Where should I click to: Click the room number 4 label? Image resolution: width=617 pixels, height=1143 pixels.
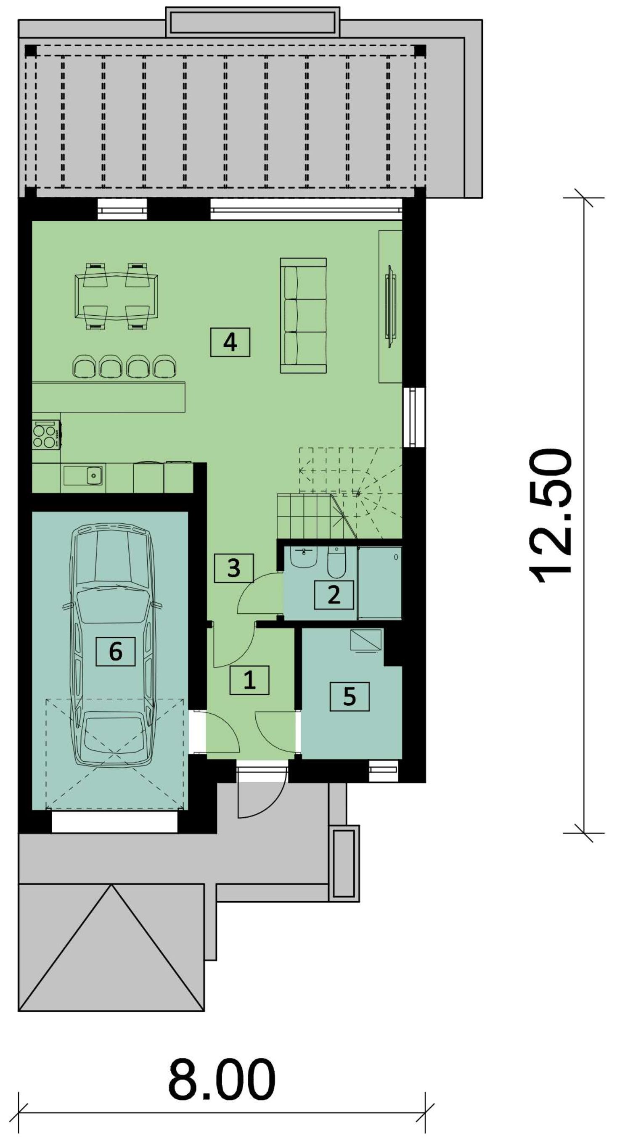pyautogui.click(x=230, y=342)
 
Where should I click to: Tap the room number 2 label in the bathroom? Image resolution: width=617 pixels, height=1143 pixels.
pyautogui.click(x=334, y=595)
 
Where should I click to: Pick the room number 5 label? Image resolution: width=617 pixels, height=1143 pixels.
pyautogui.click(x=350, y=697)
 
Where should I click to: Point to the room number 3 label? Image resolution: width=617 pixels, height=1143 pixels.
pyautogui.click(x=234, y=568)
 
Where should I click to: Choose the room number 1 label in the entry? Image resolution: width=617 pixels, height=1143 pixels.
pyautogui.click(x=249, y=680)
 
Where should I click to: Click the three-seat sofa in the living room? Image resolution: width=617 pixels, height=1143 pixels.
pyautogui.click(x=303, y=315)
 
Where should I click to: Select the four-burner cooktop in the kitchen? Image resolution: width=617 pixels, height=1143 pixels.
pyautogui.click(x=46, y=434)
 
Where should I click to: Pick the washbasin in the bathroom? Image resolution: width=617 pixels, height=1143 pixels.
pyautogui.click(x=304, y=557)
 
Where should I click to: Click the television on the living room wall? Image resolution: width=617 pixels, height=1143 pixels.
pyautogui.click(x=391, y=306)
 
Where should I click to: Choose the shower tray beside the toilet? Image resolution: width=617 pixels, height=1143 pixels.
pyautogui.click(x=379, y=583)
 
